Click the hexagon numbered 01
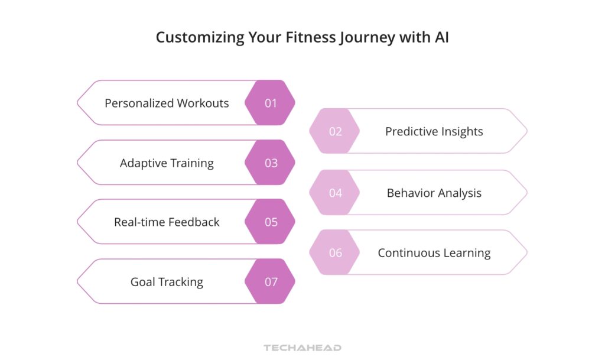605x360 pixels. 270,103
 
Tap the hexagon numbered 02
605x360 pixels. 335,131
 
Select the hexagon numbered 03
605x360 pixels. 270,163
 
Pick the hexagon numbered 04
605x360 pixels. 335,193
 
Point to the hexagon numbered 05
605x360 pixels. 270,222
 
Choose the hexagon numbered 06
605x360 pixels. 335,252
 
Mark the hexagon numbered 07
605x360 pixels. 270,282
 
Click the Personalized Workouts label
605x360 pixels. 167,103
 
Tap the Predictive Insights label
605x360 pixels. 434,131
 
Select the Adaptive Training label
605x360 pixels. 167,163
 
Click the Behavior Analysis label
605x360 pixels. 434,193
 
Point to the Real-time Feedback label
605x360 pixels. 167,222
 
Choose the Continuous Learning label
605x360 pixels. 434,252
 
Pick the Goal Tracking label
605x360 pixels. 167,282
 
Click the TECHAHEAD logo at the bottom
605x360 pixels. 302,348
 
